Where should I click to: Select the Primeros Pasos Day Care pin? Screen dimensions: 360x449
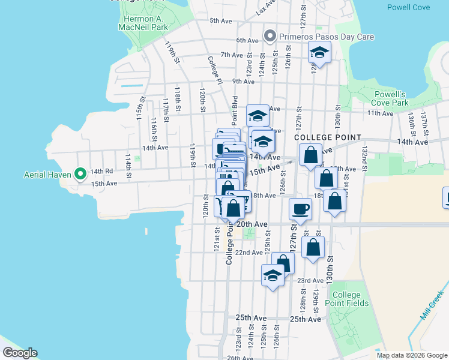pyautogui.click(x=270, y=37)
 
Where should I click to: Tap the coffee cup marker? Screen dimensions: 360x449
pyautogui.click(x=300, y=209)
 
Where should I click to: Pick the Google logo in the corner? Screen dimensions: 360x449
pyautogui.click(x=20, y=353)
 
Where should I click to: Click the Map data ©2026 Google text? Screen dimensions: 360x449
pyautogui.click(x=411, y=355)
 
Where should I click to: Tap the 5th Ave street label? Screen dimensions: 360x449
pyautogui.click(x=220, y=21)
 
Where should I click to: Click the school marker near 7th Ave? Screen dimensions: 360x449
pyautogui.click(x=319, y=53)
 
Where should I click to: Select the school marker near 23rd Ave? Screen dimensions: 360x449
pyautogui.click(x=273, y=276)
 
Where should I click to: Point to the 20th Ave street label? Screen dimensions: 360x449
pyautogui.click(x=252, y=224)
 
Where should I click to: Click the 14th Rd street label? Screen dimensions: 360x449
pyautogui.click(x=101, y=171)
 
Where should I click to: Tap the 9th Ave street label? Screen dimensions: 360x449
pyautogui.click(x=243, y=82)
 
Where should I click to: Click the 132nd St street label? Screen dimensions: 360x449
pyautogui.click(x=363, y=158)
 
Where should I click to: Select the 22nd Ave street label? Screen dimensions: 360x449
pyautogui.click(x=248, y=253)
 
